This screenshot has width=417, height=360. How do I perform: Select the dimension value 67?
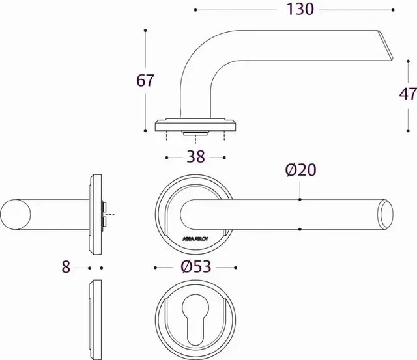145,81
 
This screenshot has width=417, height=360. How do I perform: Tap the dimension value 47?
408,94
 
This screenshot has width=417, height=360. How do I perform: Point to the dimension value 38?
195,157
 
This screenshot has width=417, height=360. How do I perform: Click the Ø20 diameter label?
300,170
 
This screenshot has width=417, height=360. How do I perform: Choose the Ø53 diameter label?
195,268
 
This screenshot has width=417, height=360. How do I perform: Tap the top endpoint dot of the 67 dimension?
145,31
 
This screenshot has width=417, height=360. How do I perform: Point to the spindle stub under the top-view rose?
195,133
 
